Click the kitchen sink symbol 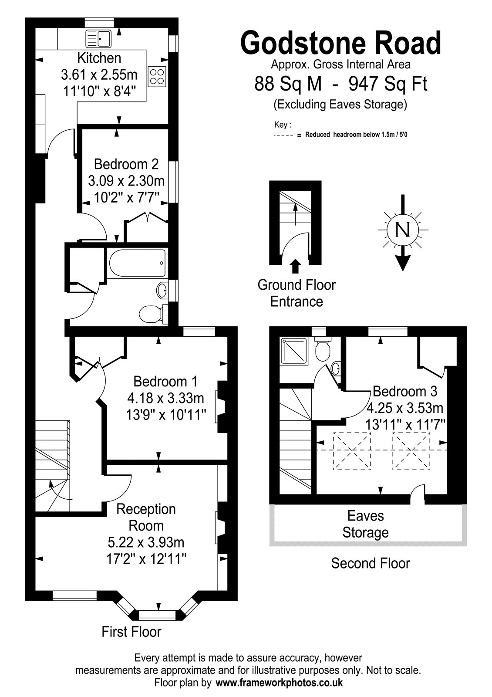click(x=98, y=38)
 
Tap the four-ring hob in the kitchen click(x=157, y=77)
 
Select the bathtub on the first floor click(x=137, y=263)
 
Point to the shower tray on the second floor click(x=294, y=351)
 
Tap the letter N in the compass click(x=403, y=230)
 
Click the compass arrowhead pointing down click(x=403, y=263)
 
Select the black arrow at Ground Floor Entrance click(x=296, y=266)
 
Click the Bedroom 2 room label click(x=126, y=164)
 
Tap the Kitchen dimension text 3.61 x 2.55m click(x=99, y=74)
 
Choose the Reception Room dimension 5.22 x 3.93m click(x=146, y=542)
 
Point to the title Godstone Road click(x=340, y=43)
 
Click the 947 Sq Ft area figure click(x=388, y=84)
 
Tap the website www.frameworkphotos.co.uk click(x=279, y=682)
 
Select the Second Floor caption click(x=371, y=563)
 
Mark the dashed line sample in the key click(x=283, y=135)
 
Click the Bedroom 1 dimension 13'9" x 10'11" click(x=166, y=414)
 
